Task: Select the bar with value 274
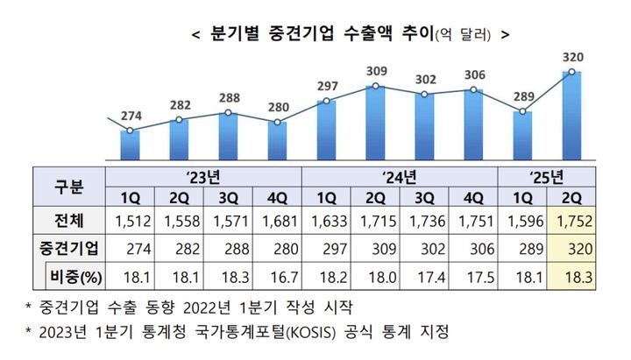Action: coord(130,145)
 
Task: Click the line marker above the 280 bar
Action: coord(277,123)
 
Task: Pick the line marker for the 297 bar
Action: coord(326,102)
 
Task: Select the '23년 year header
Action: coord(203,175)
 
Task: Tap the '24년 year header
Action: coord(400,175)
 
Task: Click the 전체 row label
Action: coord(68,218)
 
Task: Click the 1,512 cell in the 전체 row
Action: coord(130,218)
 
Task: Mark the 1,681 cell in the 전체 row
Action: coord(277,218)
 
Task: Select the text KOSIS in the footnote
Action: coord(379,333)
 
